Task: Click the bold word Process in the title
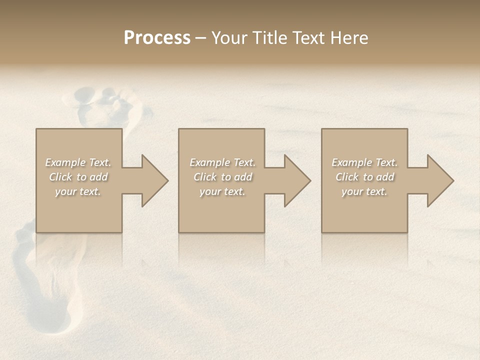point(157,38)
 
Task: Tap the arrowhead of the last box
point(439,180)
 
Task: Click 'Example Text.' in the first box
point(78,162)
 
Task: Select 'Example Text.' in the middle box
point(222,162)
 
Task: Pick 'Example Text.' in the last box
point(364,162)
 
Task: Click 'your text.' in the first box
point(78,191)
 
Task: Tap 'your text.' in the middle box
point(222,191)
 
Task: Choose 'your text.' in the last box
point(364,191)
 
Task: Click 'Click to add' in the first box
point(78,177)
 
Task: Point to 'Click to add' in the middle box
point(222,177)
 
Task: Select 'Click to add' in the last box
point(364,177)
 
